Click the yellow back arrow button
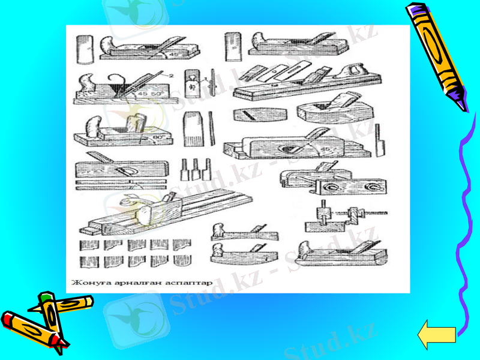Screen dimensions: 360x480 click(x=436, y=335)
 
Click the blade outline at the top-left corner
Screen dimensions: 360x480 click(x=85, y=48)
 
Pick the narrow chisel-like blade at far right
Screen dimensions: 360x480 click(x=379, y=139)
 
